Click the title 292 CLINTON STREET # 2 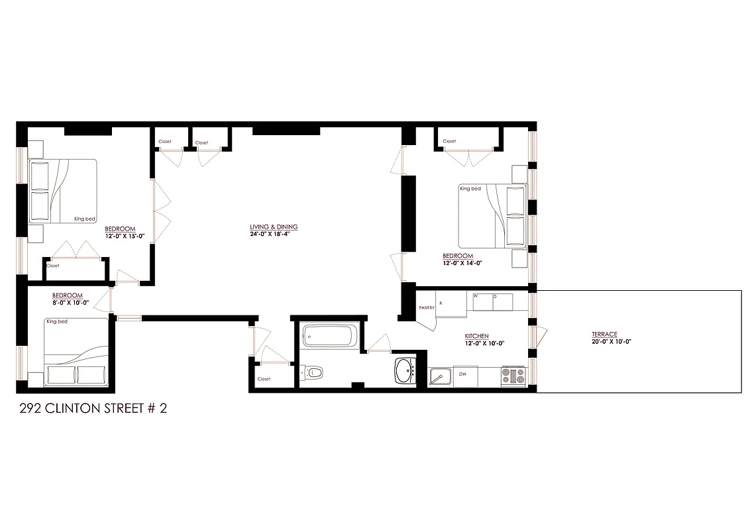(x=93, y=408)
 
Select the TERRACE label (x=604, y=335)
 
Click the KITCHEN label (x=476, y=337)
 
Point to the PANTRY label (x=427, y=308)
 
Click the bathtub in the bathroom (x=329, y=336)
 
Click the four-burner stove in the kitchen (x=513, y=376)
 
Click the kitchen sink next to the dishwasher (x=438, y=376)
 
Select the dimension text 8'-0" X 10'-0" (x=70, y=302)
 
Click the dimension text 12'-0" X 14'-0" (x=461, y=263)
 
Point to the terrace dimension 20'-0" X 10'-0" (x=611, y=342)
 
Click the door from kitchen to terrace (x=539, y=336)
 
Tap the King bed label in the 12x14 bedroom (x=470, y=189)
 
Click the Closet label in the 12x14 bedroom (x=449, y=141)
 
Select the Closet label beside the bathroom (x=264, y=379)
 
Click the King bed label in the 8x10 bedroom (x=57, y=322)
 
